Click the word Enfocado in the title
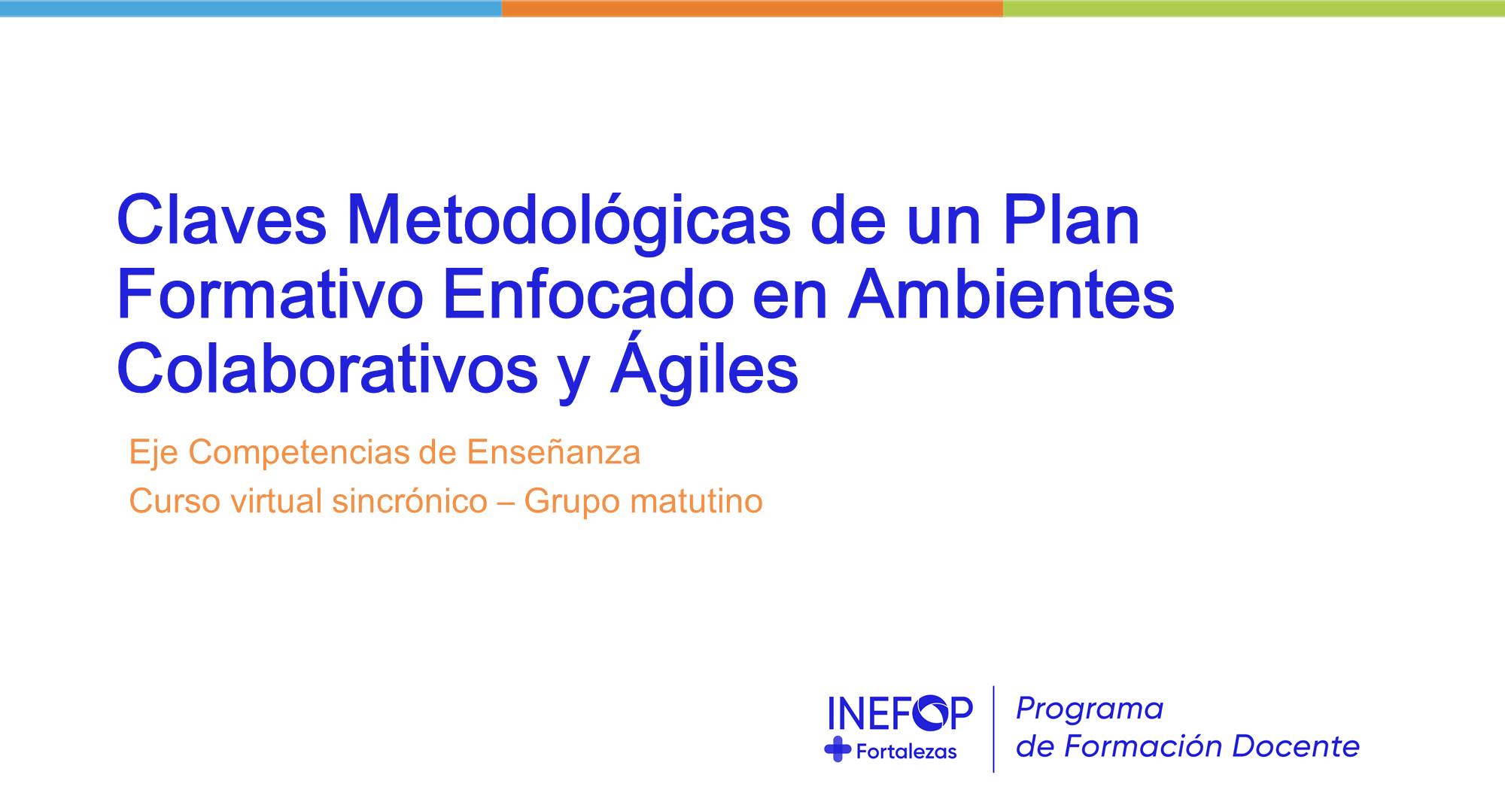coord(588,296)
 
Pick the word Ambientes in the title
coord(1011,296)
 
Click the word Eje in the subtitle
coord(153,453)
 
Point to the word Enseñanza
coord(553,453)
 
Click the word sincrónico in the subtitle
coord(409,502)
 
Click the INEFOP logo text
coord(899,712)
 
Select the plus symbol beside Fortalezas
coord(838,749)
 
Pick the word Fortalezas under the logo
coord(906,751)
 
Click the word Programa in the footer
coord(1090,709)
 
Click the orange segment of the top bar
coord(752,8)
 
